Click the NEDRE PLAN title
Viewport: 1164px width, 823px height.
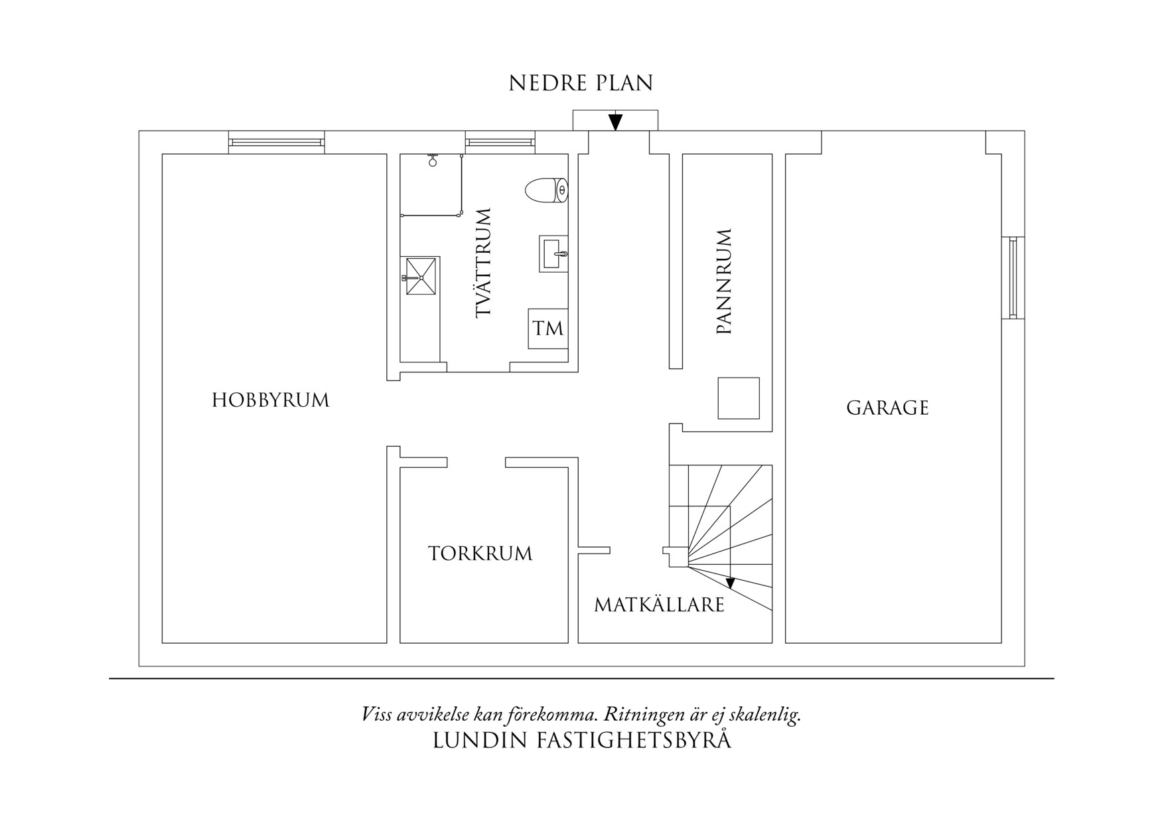(x=581, y=84)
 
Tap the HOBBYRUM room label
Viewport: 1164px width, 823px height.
(x=271, y=400)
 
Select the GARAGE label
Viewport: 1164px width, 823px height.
(x=887, y=408)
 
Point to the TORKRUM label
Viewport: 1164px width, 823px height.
(x=480, y=554)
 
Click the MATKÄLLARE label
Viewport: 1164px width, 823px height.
(x=659, y=605)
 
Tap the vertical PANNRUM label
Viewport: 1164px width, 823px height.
(x=724, y=281)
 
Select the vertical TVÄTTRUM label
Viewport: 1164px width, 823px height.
(x=484, y=263)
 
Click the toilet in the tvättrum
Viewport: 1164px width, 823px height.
(x=546, y=190)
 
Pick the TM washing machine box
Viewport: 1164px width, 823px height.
(x=548, y=329)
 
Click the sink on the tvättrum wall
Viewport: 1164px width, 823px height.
(x=553, y=254)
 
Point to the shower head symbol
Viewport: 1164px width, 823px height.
(x=433, y=161)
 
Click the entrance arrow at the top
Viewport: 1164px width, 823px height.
(x=615, y=122)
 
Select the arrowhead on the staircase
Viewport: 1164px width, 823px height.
(x=731, y=583)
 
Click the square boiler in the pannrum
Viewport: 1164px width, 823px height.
(x=739, y=398)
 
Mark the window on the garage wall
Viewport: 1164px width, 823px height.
(x=1013, y=277)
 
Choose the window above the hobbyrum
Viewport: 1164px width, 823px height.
(x=276, y=142)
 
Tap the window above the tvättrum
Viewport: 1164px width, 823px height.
(x=500, y=142)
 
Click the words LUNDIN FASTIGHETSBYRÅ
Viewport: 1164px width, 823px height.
(x=581, y=741)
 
